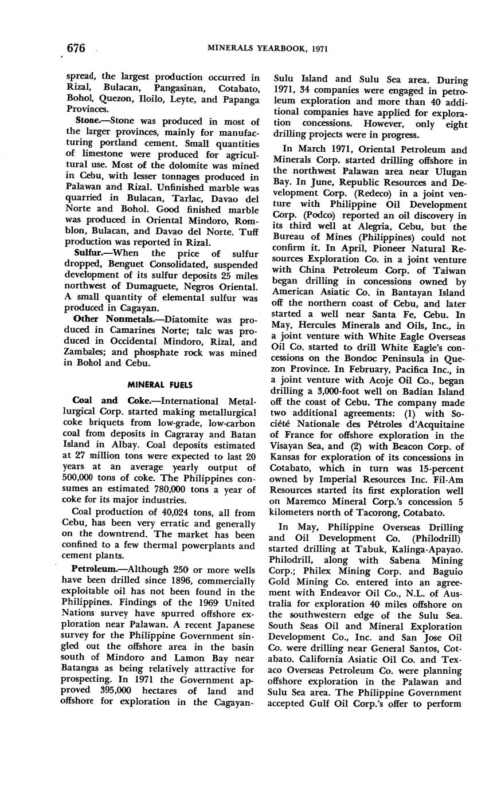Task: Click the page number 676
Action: pos(76,48)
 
